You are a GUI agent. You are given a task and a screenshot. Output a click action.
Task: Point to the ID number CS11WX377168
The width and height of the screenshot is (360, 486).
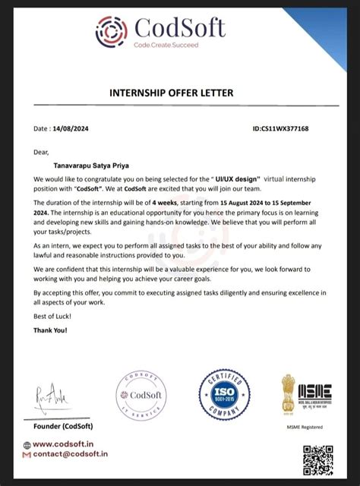(x=280, y=129)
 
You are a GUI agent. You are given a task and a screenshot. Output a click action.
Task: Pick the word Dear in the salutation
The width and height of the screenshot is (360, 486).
(x=41, y=151)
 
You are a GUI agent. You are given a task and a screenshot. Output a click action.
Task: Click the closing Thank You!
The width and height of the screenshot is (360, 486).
(x=50, y=330)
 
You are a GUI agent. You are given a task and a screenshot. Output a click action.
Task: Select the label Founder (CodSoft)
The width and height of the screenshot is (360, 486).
(x=62, y=425)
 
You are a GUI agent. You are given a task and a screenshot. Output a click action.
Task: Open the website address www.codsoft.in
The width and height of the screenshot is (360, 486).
(x=63, y=444)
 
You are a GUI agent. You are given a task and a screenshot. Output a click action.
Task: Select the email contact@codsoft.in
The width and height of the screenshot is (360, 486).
(x=71, y=454)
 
